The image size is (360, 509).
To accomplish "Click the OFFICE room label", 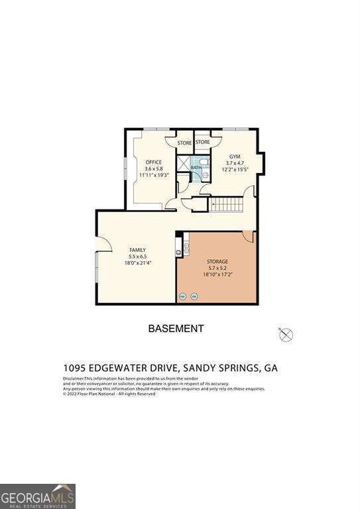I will (154, 162).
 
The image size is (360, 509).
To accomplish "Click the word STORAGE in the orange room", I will (217, 262).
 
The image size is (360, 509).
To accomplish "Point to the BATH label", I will (196, 168).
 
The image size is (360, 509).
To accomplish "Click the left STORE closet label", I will (184, 142).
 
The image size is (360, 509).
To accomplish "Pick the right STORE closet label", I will (203, 142).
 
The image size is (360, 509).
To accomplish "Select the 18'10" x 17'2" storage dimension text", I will (217, 274).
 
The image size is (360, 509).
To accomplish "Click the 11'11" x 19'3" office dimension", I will (154, 176).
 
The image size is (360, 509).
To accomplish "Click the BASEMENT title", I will (176, 329).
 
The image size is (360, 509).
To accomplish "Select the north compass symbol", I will (286, 335).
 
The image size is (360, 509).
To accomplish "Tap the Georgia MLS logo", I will (38, 496).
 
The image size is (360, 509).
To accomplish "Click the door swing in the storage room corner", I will (248, 236).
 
